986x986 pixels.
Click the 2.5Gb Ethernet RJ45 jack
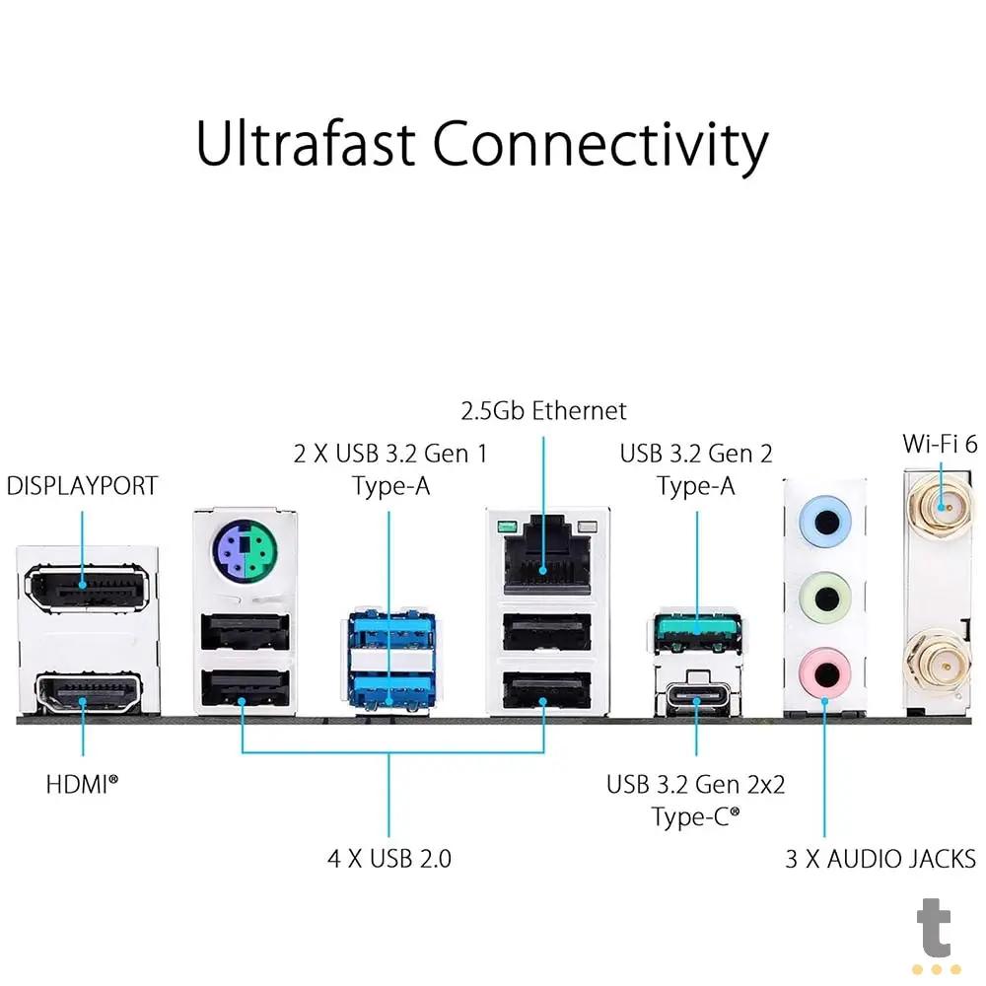click(x=545, y=558)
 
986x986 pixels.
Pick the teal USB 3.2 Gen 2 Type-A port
click(x=696, y=628)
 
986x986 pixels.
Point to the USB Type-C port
click(x=696, y=702)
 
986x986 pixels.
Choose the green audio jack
click(x=825, y=596)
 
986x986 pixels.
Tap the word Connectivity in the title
click(x=600, y=146)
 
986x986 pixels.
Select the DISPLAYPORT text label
click(x=82, y=486)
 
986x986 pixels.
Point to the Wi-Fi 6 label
click(x=943, y=443)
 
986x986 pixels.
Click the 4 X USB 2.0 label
click(x=389, y=858)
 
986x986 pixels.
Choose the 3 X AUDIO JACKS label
click(x=880, y=858)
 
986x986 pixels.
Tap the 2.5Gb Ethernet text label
click(x=543, y=410)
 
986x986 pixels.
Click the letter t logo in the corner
click(x=933, y=931)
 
